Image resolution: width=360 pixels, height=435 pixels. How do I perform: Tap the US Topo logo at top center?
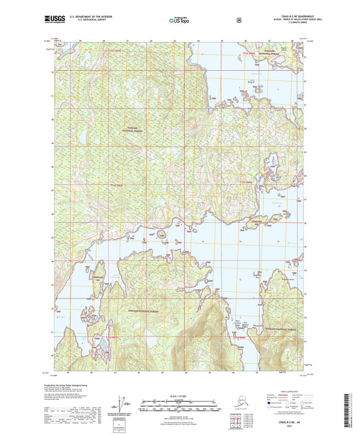[179, 20]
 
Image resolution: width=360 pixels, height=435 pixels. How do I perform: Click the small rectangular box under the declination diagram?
[122, 422]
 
